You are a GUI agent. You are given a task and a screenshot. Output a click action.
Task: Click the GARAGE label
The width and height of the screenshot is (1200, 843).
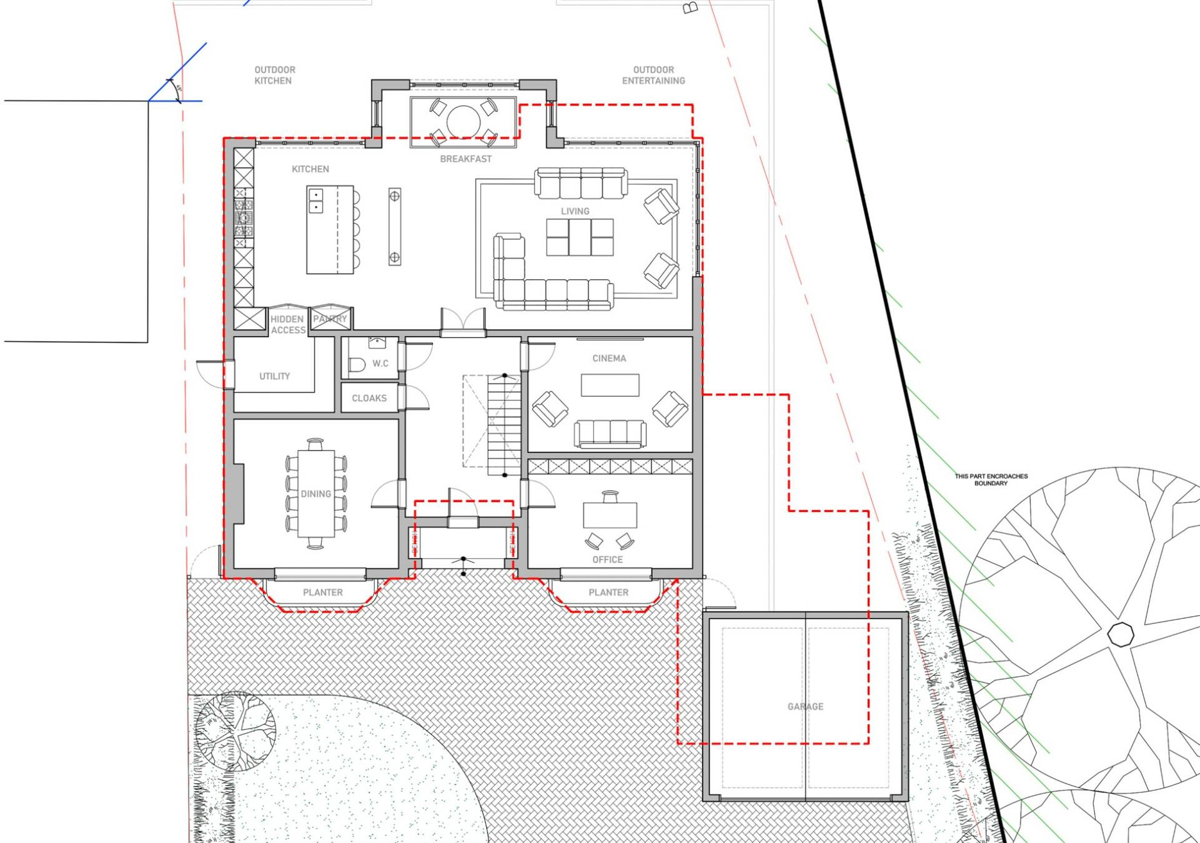(x=805, y=706)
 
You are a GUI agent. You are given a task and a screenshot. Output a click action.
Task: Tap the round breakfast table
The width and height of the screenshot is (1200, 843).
(x=463, y=121)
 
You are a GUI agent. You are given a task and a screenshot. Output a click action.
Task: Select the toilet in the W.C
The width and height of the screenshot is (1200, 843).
(x=357, y=365)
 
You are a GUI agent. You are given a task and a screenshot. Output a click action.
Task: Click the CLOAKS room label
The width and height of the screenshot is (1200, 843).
(x=369, y=398)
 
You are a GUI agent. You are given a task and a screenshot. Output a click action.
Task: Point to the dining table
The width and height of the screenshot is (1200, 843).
(x=315, y=493)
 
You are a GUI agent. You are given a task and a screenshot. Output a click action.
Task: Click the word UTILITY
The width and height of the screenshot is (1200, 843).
(x=274, y=376)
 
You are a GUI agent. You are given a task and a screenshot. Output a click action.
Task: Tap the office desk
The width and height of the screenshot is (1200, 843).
(x=610, y=515)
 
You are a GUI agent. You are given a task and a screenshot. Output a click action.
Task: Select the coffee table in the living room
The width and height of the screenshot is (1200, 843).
(x=579, y=237)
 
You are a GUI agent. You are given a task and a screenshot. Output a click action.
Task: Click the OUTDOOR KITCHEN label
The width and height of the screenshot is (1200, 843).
(x=274, y=75)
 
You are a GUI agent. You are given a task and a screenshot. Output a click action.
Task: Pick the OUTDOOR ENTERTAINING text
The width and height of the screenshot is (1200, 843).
(x=653, y=75)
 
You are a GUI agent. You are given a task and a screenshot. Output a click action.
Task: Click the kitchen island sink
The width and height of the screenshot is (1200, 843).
(x=315, y=200)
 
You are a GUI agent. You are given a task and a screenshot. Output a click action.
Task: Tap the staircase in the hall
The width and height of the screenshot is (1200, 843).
(x=503, y=425)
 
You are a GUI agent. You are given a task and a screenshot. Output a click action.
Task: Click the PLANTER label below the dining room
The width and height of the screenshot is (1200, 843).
(x=322, y=592)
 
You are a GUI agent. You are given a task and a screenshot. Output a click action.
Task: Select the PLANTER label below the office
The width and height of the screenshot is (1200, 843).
(x=608, y=592)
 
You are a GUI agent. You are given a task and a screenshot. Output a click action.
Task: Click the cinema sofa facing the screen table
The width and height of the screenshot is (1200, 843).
(x=610, y=433)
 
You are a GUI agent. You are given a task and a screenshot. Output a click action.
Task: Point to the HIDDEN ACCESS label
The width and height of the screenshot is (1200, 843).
(x=287, y=324)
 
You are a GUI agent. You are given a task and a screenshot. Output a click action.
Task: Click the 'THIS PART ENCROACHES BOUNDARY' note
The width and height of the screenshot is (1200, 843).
(x=991, y=480)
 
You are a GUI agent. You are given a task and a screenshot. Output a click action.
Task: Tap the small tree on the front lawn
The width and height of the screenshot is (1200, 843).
(x=235, y=731)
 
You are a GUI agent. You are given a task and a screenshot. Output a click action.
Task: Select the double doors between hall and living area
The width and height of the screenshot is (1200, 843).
(x=463, y=321)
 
